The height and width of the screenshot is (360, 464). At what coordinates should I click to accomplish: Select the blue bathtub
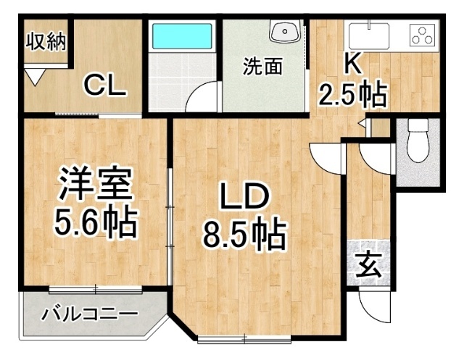(x=182, y=37)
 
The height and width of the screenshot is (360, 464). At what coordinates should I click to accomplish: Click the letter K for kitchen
(x=352, y=64)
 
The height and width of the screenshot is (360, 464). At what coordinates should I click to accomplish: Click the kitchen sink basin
(x=368, y=34)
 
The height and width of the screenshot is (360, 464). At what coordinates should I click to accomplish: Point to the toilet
(x=418, y=141)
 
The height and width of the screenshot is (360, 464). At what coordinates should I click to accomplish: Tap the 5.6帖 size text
(x=95, y=225)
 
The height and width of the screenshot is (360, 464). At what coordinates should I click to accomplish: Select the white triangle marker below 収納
(x=36, y=74)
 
